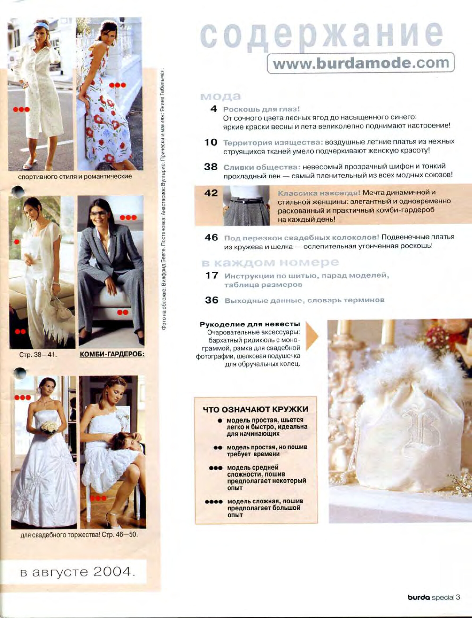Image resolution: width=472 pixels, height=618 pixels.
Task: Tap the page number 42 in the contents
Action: [211, 193]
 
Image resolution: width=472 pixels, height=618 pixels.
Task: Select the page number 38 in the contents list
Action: [211, 167]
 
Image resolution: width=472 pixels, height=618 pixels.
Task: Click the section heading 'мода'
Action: [221, 96]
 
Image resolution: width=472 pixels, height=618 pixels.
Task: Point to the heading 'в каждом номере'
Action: [270, 263]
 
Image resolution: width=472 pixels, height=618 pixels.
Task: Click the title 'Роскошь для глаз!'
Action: [261, 109]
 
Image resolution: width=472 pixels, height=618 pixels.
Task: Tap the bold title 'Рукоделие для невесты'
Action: [250, 325]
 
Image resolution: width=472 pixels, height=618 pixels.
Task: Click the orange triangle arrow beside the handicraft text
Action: [311, 336]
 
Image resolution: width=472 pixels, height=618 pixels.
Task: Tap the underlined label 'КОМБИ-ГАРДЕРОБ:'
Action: [112, 354]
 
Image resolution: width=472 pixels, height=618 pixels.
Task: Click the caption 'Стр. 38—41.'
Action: [38, 355]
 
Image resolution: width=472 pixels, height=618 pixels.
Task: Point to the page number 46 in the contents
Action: [211, 238]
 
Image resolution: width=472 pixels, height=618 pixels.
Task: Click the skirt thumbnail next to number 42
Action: [246, 205]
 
